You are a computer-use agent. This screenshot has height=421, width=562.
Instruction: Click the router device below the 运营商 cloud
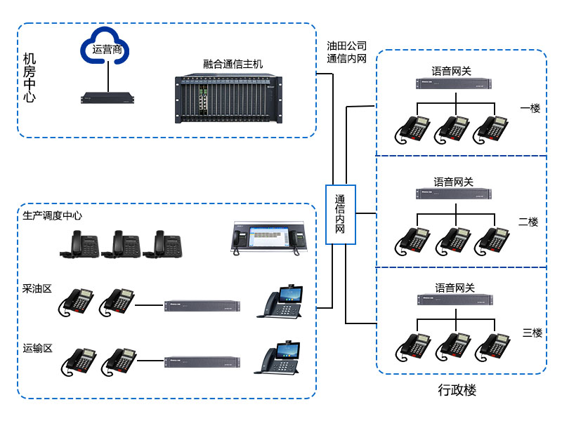click(x=107, y=98)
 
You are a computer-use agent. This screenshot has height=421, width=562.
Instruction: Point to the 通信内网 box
click(x=341, y=214)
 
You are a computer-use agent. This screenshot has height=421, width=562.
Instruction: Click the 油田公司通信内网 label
click(x=347, y=53)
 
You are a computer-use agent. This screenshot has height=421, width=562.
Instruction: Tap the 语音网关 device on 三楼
click(x=455, y=300)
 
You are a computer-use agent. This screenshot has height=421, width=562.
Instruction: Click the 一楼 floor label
click(x=530, y=109)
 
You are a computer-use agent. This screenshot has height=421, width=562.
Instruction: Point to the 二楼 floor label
click(x=528, y=222)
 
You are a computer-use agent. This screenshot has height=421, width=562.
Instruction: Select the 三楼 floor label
click(x=532, y=333)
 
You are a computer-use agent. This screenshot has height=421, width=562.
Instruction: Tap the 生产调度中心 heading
click(x=53, y=215)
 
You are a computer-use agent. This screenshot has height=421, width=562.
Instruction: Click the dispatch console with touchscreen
click(x=270, y=236)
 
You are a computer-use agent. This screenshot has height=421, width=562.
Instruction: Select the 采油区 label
click(x=37, y=288)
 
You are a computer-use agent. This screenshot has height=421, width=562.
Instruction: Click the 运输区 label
click(x=37, y=348)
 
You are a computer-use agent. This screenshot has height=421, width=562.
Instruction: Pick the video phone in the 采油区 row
click(x=283, y=302)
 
